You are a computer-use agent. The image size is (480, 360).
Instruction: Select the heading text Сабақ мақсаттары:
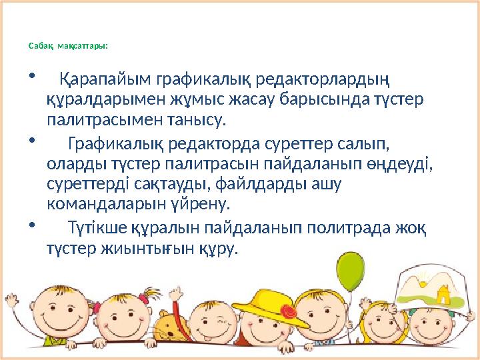tap(68, 46)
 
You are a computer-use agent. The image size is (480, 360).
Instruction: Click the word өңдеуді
tap(394, 162)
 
